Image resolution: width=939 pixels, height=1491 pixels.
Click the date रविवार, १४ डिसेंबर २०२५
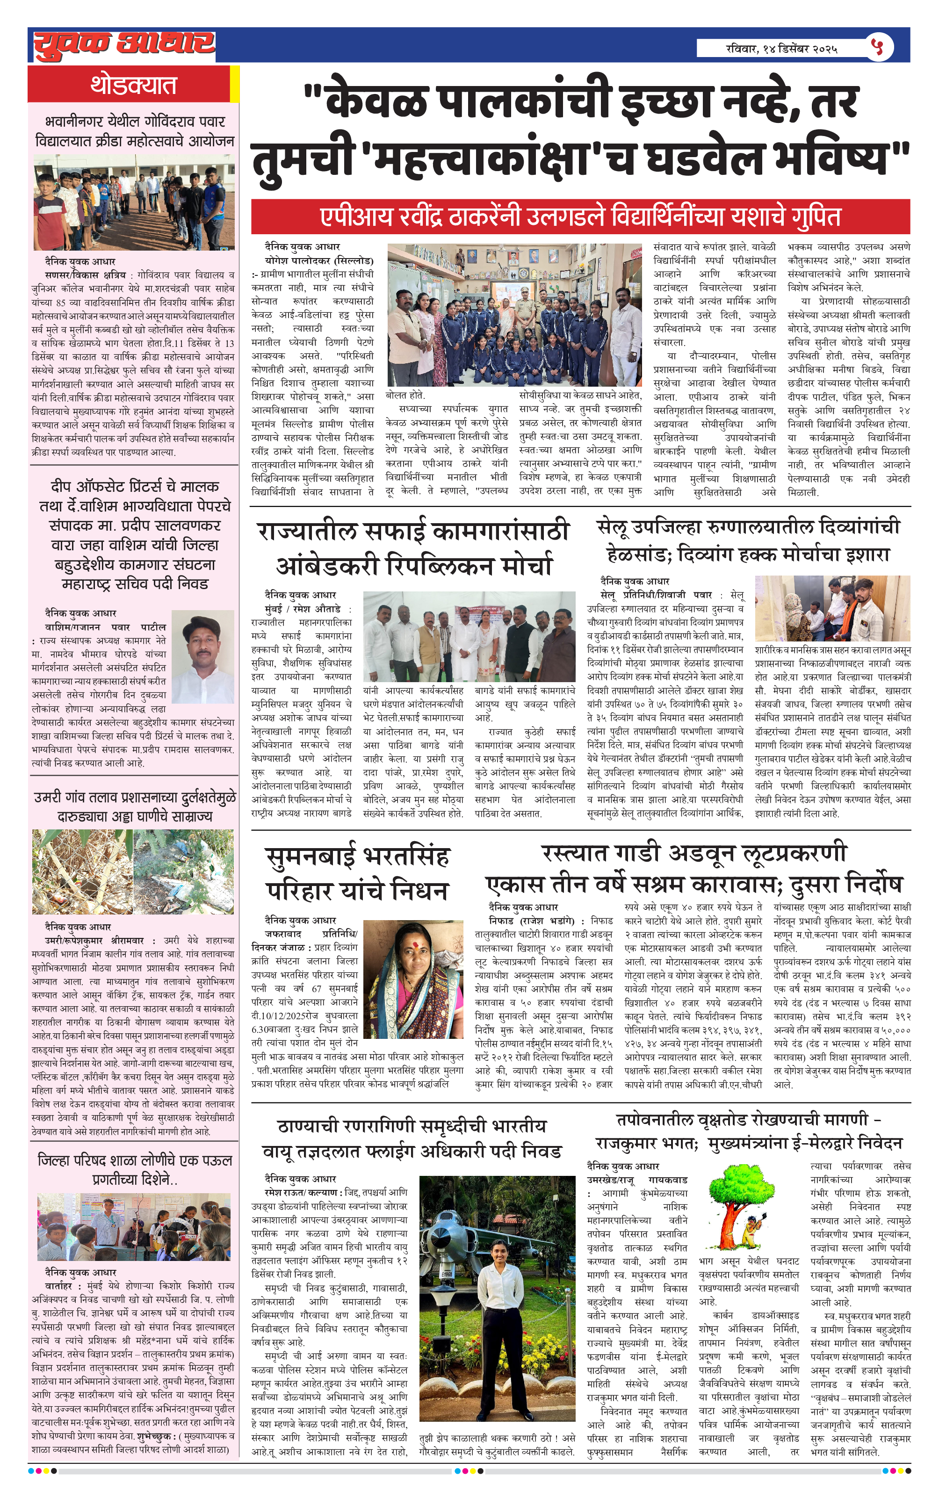[x=782, y=48]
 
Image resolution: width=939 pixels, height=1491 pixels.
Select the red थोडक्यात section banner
[x=133, y=84]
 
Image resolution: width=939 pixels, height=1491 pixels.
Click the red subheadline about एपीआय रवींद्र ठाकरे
[x=580, y=217]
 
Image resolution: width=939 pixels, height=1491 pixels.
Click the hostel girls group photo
[x=514, y=315]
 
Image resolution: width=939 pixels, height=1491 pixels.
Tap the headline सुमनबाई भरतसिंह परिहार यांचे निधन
[x=357, y=874]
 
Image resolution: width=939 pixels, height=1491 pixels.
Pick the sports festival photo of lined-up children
[x=134, y=202]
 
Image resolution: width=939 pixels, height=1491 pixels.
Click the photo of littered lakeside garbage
[x=133, y=871]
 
